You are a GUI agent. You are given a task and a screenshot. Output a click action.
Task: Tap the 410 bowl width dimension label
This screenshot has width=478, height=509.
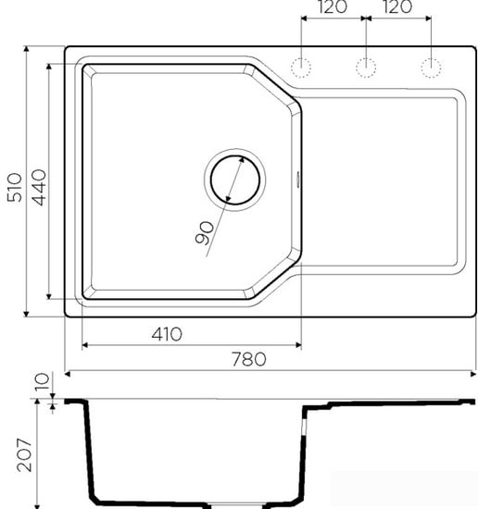[163, 333]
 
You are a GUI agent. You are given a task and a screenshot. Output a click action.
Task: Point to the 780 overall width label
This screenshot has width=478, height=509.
[247, 359]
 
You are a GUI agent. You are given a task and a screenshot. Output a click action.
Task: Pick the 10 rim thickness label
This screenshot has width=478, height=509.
[40, 381]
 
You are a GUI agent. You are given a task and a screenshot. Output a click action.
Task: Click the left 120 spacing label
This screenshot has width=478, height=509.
[332, 9]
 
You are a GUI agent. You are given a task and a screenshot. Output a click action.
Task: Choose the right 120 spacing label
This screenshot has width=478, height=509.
[396, 9]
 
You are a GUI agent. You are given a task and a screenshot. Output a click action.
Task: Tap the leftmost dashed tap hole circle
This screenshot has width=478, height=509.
[302, 67]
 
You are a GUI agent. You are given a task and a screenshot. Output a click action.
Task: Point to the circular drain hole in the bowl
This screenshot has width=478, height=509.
[234, 179]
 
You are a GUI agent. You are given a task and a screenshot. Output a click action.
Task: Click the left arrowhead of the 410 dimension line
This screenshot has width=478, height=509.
[86, 346]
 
